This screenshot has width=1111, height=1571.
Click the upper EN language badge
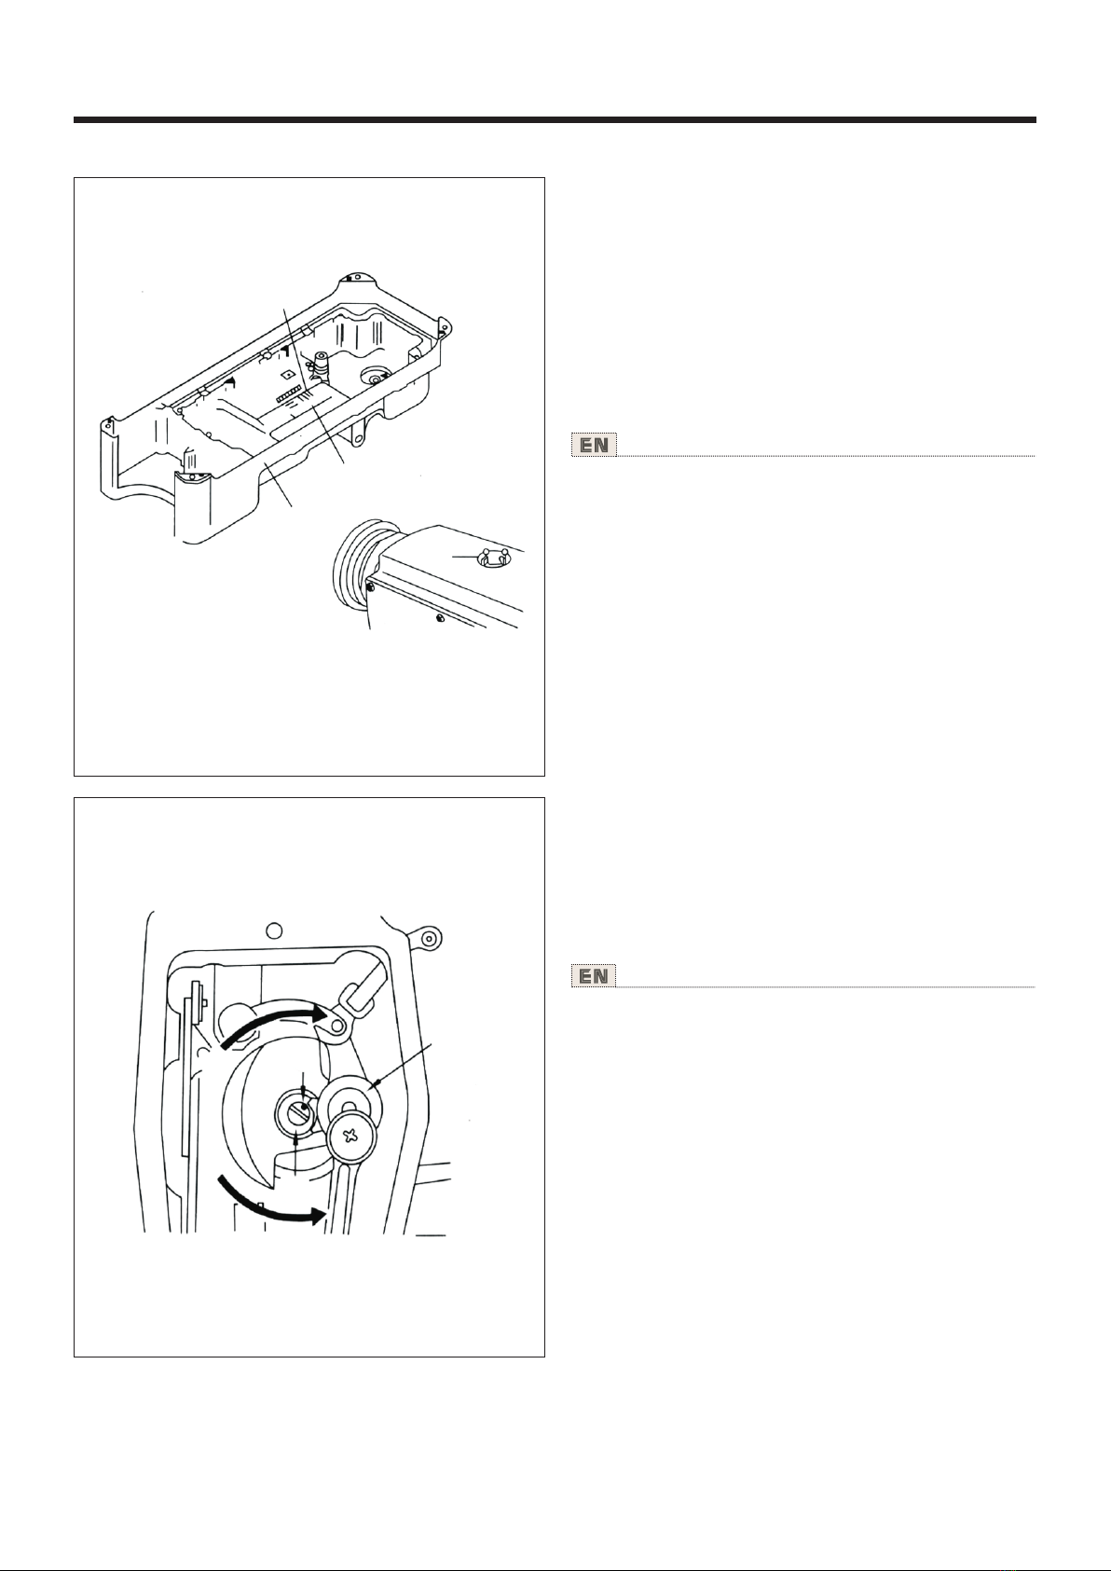tap(595, 446)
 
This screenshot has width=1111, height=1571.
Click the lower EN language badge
tap(594, 975)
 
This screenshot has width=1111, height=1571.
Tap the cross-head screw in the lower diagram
tap(351, 1137)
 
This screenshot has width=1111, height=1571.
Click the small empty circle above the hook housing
tap(275, 930)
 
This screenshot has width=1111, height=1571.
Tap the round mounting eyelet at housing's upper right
tap(429, 938)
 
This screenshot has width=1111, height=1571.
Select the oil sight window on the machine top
tap(493, 558)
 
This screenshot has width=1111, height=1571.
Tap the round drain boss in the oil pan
tap(374, 378)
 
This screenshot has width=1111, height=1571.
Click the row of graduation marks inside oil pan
tap(288, 397)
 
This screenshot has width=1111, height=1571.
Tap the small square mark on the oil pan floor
tap(288, 374)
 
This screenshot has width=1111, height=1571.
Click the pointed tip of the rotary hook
tap(268, 1190)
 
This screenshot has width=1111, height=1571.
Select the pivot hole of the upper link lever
tap(336, 1027)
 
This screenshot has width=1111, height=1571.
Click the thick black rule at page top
tap(555, 120)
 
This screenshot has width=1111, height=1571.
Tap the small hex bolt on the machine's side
tap(440, 618)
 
